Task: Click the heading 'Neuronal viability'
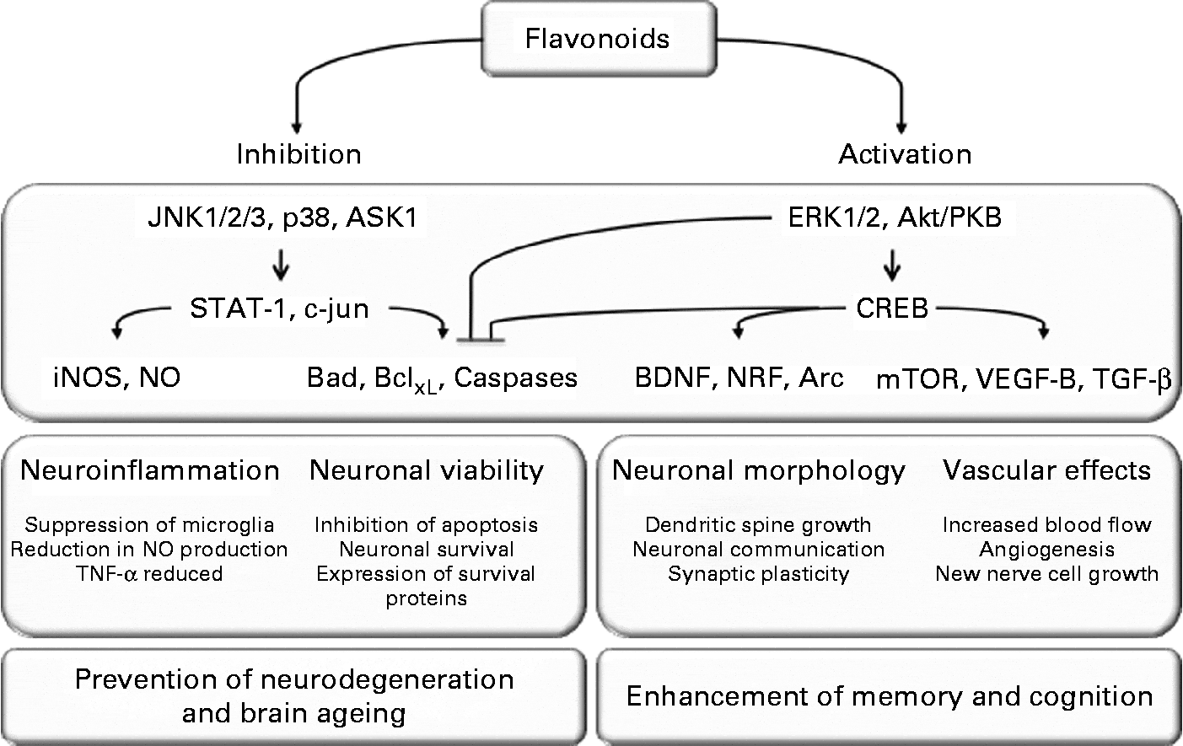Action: click(x=427, y=470)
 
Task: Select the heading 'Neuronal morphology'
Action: click(x=759, y=470)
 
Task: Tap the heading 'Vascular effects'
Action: click(x=1046, y=470)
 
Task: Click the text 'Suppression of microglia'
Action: click(x=149, y=525)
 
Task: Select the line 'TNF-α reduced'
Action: click(x=148, y=574)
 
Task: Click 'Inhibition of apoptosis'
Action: click(x=426, y=525)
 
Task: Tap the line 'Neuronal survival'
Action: click(x=426, y=550)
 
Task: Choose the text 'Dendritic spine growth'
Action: click(x=758, y=525)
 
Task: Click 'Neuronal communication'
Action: click(x=758, y=550)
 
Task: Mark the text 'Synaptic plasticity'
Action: click(x=758, y=574)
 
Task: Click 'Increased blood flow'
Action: click(x=1046, y=525)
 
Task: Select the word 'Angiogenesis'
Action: click(x=1046, y=550)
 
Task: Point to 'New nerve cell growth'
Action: click(x=1046, y=574)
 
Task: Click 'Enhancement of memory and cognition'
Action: click(x=890, y=697)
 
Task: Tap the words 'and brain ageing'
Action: click(x=294, y=714)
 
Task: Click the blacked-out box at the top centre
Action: click(x=593, y=35)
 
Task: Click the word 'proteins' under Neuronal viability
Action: click(x=426, y=598)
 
